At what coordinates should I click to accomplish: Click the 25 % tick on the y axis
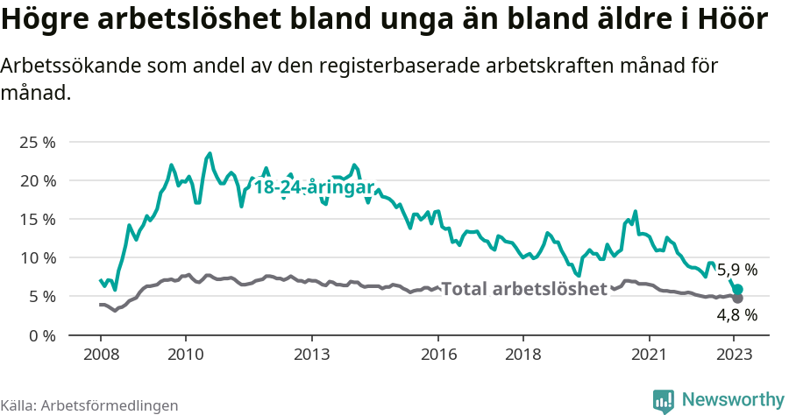(38, 142)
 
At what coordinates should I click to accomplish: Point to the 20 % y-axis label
(38, 180)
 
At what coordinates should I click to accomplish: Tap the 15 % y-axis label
(38, 219)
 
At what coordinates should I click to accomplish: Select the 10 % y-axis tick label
(38, 257)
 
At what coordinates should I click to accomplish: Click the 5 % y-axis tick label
(42, 296)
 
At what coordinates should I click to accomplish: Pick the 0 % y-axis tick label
(42, 334)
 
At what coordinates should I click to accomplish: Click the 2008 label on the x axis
(100, 355)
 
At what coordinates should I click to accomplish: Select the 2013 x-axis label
(311, 355)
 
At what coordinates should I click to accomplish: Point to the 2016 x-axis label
(438, 355)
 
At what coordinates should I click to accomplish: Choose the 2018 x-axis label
(523, 355)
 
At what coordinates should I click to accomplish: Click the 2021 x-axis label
(650, 355)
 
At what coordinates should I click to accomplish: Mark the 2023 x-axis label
(735, 355)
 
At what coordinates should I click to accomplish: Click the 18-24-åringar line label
(314, 188)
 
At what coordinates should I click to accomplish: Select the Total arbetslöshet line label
(523, 289)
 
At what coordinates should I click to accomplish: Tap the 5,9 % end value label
(737, 271)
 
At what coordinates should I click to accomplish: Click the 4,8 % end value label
(737, 315)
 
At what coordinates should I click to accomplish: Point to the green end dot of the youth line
(738, 290)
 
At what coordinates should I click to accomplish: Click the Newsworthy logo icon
(664, 400)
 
